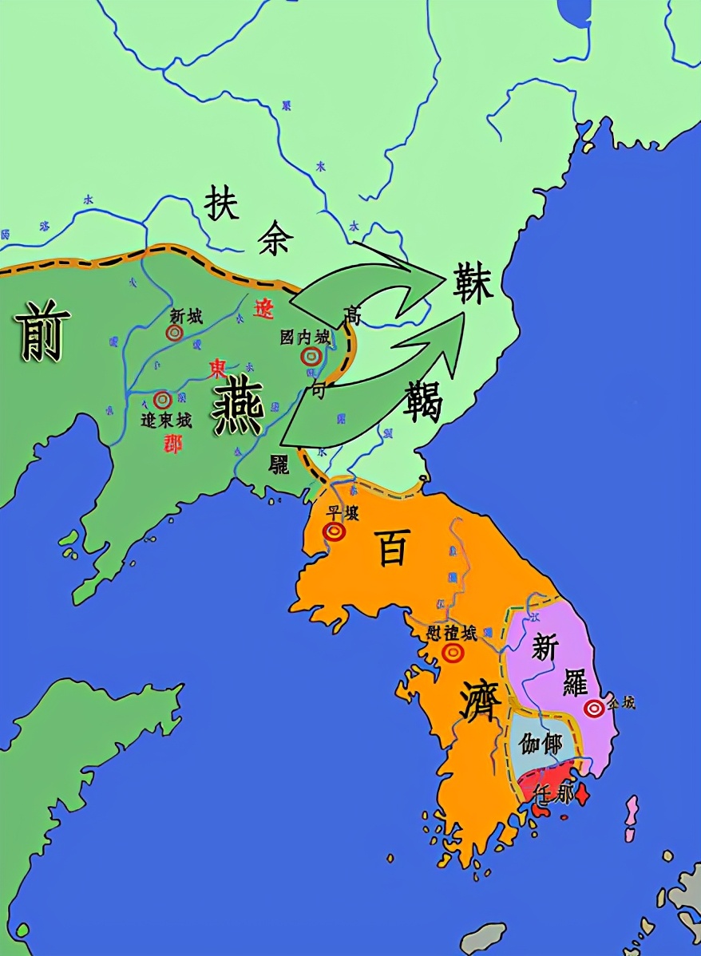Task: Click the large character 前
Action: tap(42, 331)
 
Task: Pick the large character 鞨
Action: tap(423, 401)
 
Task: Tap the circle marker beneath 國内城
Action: tap(310, 358)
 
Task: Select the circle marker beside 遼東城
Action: tap(163, 398)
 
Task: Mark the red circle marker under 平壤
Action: tap(335, 531)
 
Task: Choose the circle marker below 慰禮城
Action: tap(453, 653)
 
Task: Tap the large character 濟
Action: tap(480, 701)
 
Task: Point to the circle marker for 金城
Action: tap(593, 708)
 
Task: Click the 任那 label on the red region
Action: tap(554, 794)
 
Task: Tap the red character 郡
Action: tap(171, 442)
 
